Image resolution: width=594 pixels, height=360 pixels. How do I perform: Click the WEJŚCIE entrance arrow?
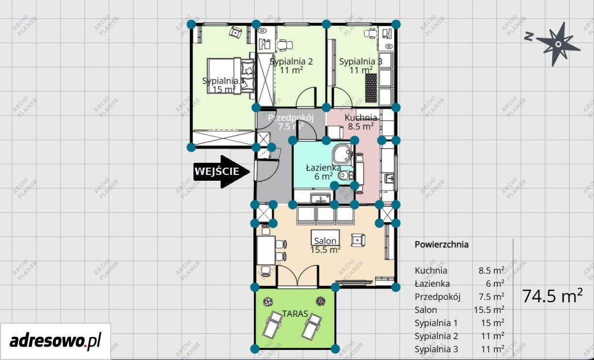pyautogui.click(x=222, y=172)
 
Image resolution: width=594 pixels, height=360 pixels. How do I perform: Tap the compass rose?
pyautogui.click(x=555, y=44)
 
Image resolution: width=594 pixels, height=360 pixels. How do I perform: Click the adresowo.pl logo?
pyautogui.click(x=55, y=341)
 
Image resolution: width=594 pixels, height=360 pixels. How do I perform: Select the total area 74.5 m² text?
pyautogui.click(x=553, y=296)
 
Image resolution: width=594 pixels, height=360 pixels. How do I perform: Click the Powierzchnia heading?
pyautogui.click(x=442, y=245)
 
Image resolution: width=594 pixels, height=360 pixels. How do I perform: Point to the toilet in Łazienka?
pyautogui.click(x=345, y=175)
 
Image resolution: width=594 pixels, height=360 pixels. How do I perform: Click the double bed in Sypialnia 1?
pyautogui.click(x=231, y=76)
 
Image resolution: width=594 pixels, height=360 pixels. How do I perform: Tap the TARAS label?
pyautogui.click(x=295, y=314)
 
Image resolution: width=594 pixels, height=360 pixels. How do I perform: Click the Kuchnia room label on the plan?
pyautogui.click(x=361, y=118)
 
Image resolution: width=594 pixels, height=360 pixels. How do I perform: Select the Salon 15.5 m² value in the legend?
pyautogui.click(x=489, y=310)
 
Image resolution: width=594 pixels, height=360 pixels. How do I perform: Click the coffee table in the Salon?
pyautogui.click(x=325, y=237)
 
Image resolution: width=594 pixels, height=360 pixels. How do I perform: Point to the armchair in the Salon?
pyautogui.click(x=358, y=240)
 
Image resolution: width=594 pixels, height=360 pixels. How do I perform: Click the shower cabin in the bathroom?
pyautogui.click(x=342, y=154)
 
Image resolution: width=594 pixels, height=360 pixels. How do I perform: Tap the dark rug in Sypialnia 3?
pyautogui.click(x=371, y=88)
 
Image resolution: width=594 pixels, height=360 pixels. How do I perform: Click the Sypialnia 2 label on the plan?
pyautogui.click(x=291, y=62)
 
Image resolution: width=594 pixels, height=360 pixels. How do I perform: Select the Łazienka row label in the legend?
pyautogui.click(x=432, y=284)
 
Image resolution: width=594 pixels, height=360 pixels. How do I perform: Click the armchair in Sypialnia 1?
pyautogui.click(x=235, y=32)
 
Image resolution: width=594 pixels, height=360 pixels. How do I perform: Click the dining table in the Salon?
pyautogui.click(x=266, y=250)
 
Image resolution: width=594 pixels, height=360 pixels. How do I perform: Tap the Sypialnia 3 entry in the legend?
pyautogui.click(x=436, y=349)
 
